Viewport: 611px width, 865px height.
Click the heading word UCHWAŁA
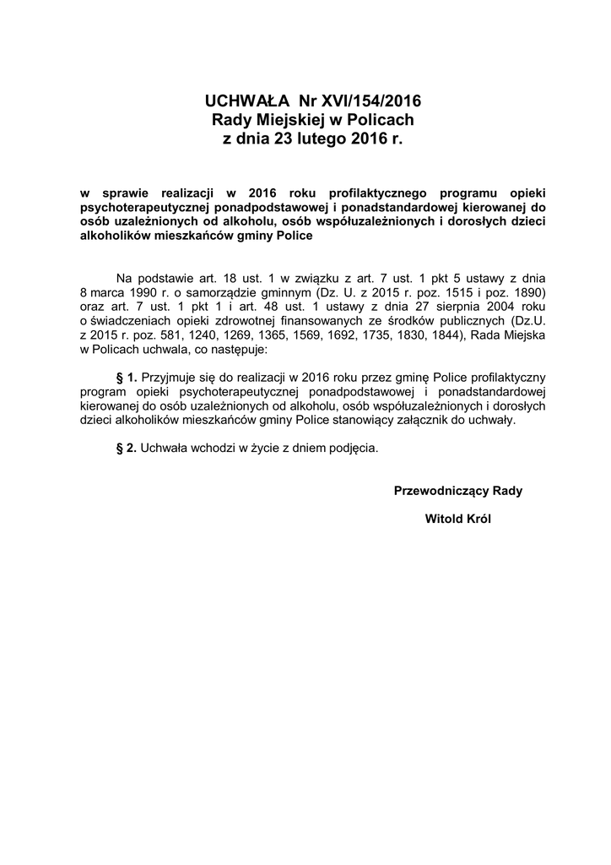click(x=245, y=102)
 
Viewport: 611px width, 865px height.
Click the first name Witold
click(x=444, y=519)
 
